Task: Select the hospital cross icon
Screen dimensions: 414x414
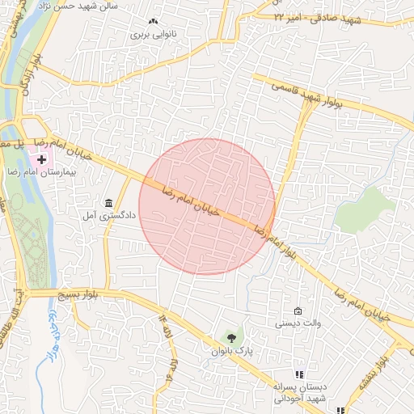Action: click(41, 160)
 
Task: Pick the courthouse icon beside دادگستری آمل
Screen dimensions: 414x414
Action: click(108, 202)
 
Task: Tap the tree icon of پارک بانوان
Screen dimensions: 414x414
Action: click(232, 338)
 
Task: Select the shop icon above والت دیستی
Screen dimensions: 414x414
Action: click(298, 311)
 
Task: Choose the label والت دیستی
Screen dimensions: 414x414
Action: click(298, 323)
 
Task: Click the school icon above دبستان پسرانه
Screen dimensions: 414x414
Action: click(299, 374)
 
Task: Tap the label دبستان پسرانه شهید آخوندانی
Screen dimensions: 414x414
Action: click(299, 392)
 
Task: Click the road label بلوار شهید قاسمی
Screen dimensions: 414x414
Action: click(308, 95)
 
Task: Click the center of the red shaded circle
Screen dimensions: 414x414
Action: click(207, 206)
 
